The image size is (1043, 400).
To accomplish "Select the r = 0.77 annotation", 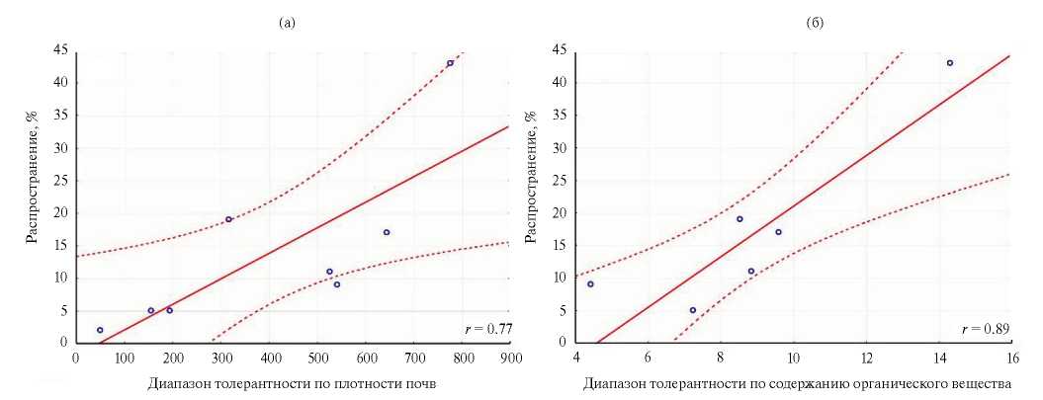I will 488,328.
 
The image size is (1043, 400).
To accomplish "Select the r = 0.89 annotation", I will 986,328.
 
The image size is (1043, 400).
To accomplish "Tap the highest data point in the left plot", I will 450,63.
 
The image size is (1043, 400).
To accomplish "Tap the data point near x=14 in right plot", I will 950,63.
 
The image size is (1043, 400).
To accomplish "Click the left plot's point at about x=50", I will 100,330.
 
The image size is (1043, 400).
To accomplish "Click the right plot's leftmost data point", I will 590,284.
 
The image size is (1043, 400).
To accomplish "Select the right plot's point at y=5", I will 693,310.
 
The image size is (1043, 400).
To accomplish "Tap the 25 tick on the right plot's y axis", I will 561,181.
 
